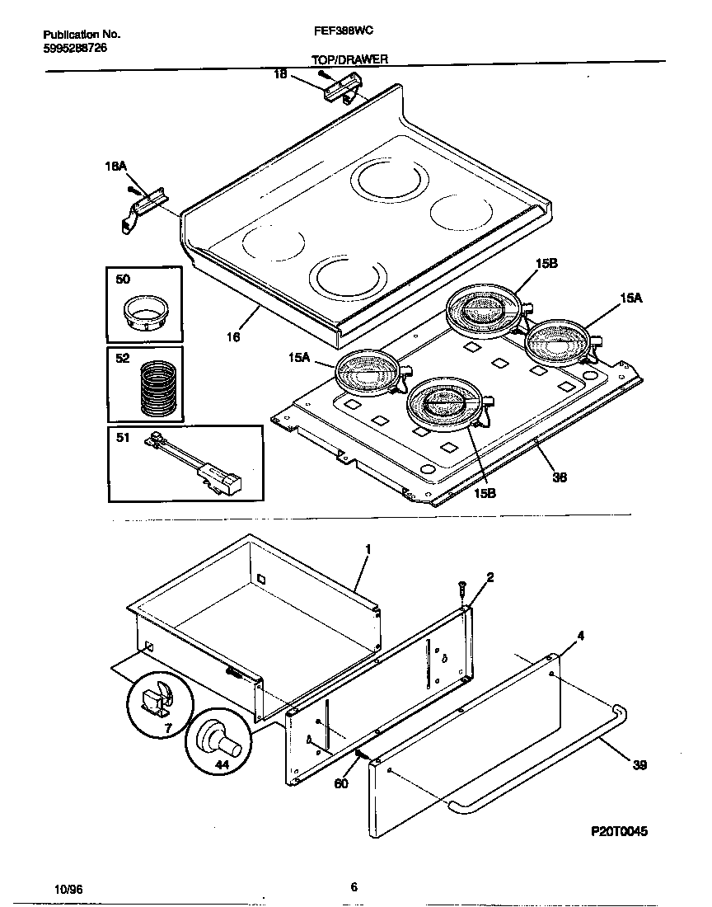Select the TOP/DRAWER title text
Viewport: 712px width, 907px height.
click(349, 59)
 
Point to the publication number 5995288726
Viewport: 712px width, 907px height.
click(74, 48)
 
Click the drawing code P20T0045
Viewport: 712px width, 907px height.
click(620, 832)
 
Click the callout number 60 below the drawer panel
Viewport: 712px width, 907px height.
click(340, 782)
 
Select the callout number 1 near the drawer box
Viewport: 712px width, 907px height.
click(368, 548)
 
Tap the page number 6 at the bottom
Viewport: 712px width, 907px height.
click(354, 887)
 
